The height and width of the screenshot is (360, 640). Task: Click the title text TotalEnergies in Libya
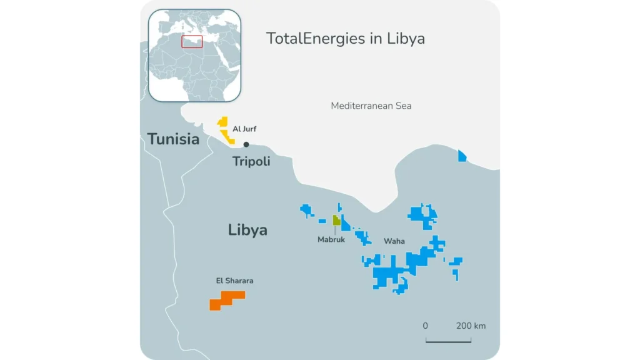click(346, 38)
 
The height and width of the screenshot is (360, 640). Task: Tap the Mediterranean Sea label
click(371, 106)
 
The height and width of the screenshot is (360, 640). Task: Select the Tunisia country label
click(173, 139)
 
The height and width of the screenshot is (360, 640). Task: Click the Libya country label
click(247, 229)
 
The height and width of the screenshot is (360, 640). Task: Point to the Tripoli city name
click(251, 161)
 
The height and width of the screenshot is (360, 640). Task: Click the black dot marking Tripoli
click(246, 144)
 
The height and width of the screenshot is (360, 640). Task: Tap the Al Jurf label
click(244, 129)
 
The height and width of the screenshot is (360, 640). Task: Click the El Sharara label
click(234, 281)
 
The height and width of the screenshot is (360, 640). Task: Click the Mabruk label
click(331, 239)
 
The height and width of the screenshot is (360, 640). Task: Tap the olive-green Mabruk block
click(336, 220)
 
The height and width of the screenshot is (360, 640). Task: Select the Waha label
click(394, 241)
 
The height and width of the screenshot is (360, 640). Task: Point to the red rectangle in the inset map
click(192, 41)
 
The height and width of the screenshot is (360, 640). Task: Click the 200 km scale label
click(471, 326)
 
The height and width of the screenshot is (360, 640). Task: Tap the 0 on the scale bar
click(425, 326)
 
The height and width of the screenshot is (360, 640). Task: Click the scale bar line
click(448, 341)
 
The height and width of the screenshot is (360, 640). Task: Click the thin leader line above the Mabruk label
click(336, 230)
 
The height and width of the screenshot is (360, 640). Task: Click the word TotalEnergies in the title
click(306, 38)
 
